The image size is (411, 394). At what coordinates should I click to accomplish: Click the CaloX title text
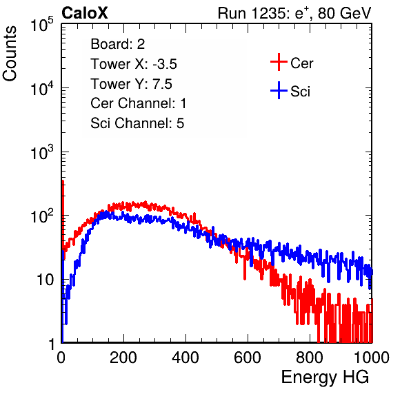85,13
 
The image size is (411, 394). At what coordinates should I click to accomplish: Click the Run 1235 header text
294,13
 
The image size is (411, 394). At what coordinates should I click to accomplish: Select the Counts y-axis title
10,54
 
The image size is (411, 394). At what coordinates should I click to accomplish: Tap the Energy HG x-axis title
325,377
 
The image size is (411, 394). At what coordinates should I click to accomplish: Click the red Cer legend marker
279,62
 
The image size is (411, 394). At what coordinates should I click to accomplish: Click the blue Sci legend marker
279,90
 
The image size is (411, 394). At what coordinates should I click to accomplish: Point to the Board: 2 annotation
118,44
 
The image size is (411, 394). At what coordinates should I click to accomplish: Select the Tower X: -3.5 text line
134,64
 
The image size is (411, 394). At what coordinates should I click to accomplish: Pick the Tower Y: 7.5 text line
131,84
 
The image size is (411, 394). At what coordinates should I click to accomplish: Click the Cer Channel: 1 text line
139,103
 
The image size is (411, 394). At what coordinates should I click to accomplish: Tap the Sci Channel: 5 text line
137,123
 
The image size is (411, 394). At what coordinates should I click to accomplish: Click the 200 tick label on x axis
123,357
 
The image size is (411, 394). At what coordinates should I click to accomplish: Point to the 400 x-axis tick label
186,357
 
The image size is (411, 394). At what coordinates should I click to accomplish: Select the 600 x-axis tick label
248,357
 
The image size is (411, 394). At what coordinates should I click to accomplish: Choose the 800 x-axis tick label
310,357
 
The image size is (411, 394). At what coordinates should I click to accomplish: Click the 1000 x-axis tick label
372,357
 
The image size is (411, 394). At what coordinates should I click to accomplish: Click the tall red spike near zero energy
63,215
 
